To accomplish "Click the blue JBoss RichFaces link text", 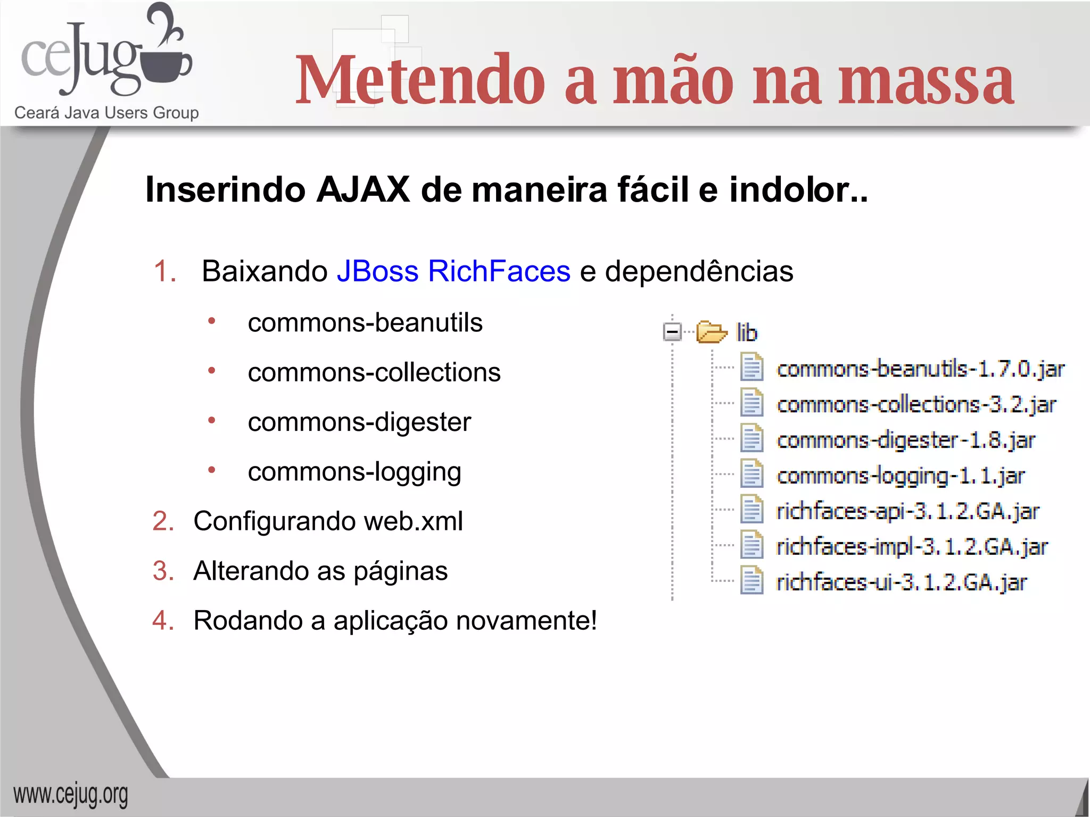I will click(x=453, y=271).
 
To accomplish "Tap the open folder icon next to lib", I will click(x=712, y=332).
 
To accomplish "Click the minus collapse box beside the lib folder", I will click(x=672, y=332).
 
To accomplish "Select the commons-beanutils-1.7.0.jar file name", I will click(x=920, y=369).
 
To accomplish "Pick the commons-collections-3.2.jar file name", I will click(x=916, y=405).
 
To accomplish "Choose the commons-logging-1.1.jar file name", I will click(x=901, y=476).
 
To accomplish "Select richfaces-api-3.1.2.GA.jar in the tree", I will click(x=907, y=511).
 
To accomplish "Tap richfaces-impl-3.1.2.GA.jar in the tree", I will click(x=912, y=547).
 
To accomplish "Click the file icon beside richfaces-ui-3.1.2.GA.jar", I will click(x=752, y=581).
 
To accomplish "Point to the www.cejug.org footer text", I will click(x=71, y=795).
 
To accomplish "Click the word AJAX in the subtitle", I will click(x=363, y=190).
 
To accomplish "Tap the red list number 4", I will click(x=163, y=621).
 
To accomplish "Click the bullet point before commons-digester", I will click(x=212, y=421).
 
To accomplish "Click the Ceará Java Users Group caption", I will click(x=106, y=113).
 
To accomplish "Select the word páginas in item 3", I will click(x=400, y=571).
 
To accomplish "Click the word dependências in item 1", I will click(x=699, y=271).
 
